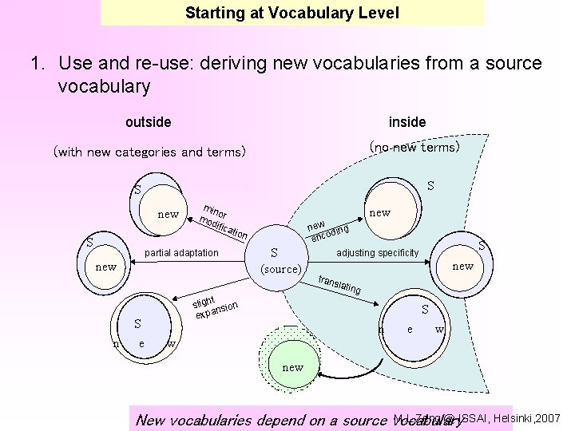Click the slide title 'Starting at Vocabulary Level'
(291, 13)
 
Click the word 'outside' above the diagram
(148, 122)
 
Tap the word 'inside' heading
(407, 122)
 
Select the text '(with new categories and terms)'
(149, 152)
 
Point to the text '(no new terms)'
(414, 148)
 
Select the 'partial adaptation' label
(181, 253)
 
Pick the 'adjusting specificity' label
(378, 253)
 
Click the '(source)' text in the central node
(280, 269)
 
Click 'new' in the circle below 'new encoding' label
(380, 212)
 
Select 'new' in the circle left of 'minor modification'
(169, 214)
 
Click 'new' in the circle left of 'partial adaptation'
(106, 267)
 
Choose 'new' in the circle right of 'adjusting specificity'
(463, 266)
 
